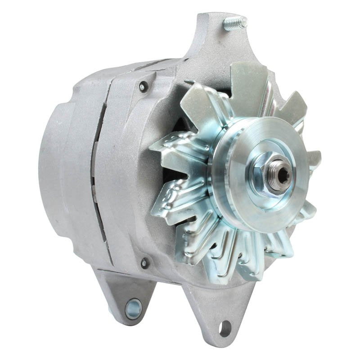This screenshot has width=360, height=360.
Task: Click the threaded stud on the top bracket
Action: click(x=235, y=22)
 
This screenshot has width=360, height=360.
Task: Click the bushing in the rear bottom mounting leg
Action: click(x=133, y=308)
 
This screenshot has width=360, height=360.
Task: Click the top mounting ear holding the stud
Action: click(x=211, y=40)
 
